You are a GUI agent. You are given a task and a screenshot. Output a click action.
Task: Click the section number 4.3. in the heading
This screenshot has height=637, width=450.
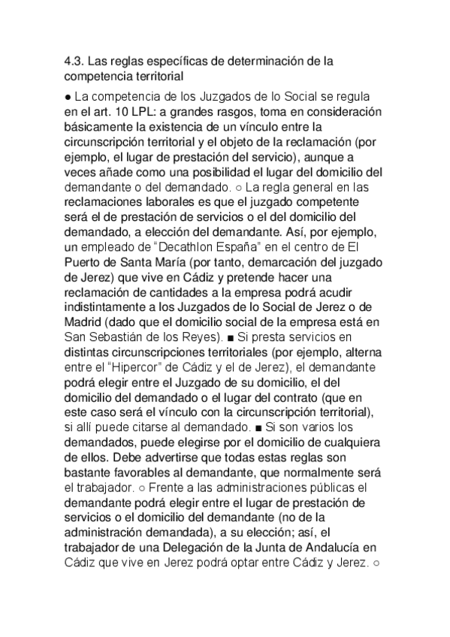point(75,62)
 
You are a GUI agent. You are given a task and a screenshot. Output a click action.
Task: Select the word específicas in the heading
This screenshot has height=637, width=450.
point(170,62)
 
